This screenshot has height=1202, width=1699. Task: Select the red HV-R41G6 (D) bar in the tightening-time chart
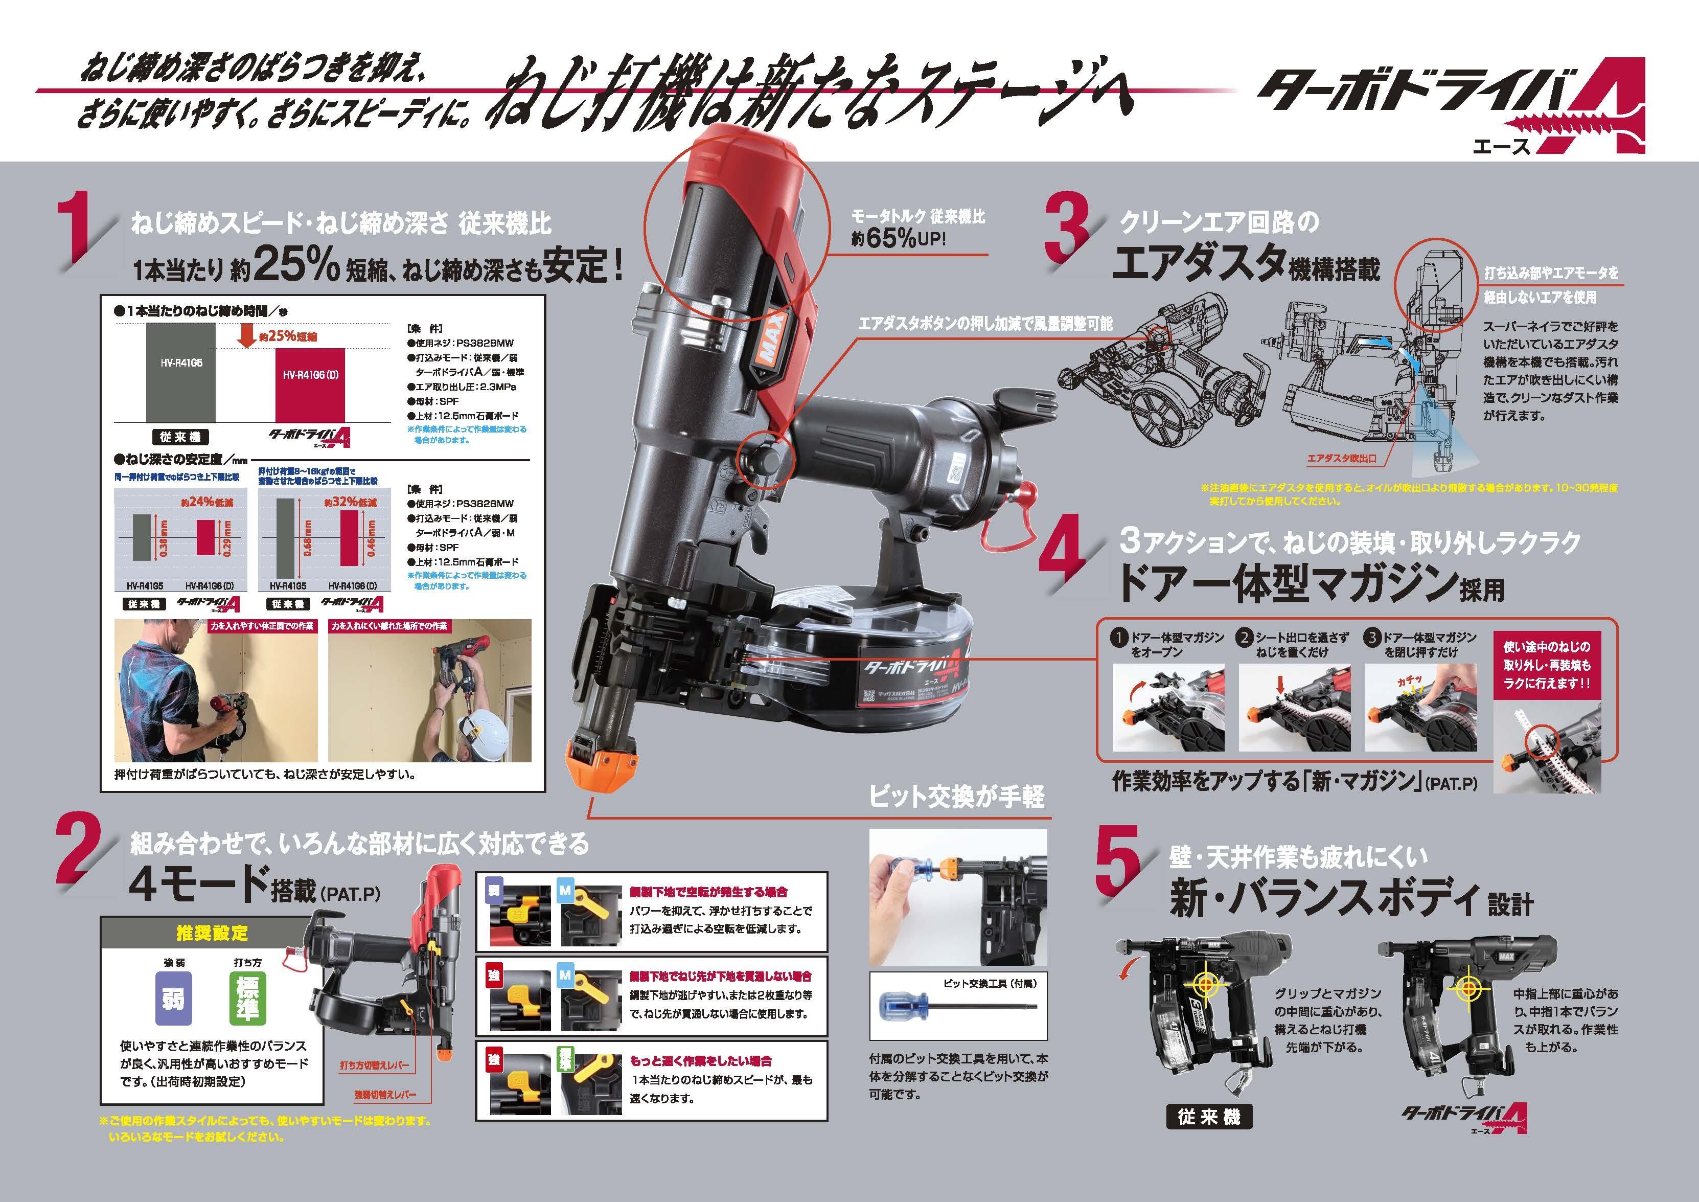click(310, 385)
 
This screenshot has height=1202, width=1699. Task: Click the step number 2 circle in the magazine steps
click(1244, 637)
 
